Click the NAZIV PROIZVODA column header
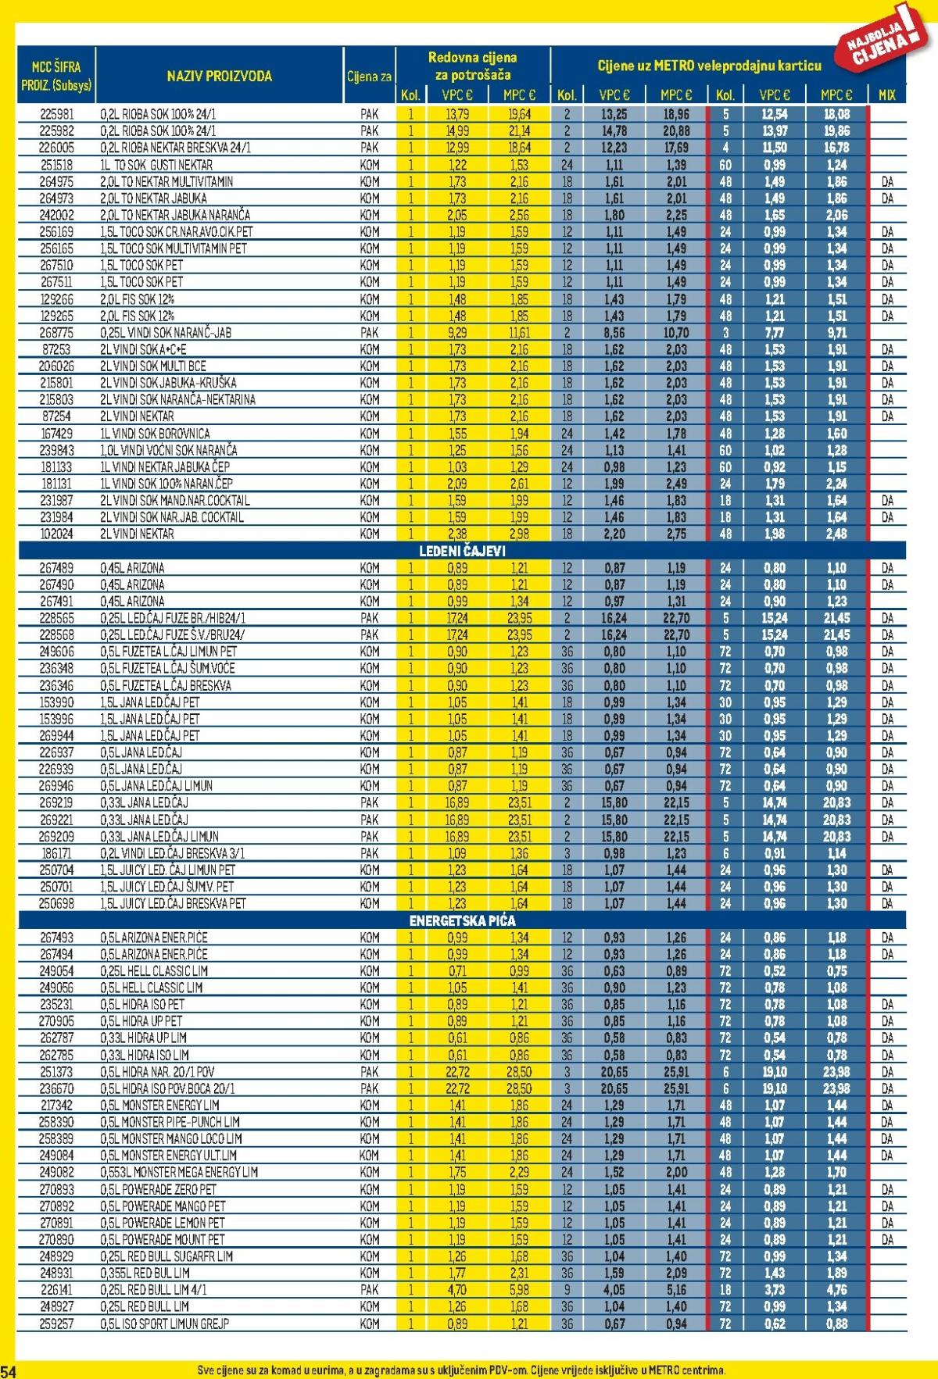pyautogui.click(x=219, y=76)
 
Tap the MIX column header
pyautogui.click(x=886, y=95)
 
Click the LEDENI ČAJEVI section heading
pyautogui.click(x=460, y=551)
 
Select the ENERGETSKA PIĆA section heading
pyautogui.click(x=462, y=920)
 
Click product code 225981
pyautogui.click(x=56, y=114)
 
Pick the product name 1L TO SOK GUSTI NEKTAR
pyautogui.click(x=156, y=165)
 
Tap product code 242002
pyautogui.click(x=56, y=215)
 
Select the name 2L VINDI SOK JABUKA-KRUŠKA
pyautogui.click(x=168, y=383)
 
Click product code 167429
pyautogui.click(x=56, y=433)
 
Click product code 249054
pyautogui.click(x=56, y=970)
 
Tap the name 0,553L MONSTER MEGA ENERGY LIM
pyautogui.click(x=179, y=1172)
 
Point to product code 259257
pyautogui.click(x=56, y=1324)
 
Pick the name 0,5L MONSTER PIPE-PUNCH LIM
pyautogui.click(x=170, y=1122)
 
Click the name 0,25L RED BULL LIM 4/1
pyautogui.click(x=154, y=1290)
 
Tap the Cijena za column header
pyautogui.click(x=370, y=77)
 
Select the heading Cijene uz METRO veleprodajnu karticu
pyautogui.click(x=709, y=66)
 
